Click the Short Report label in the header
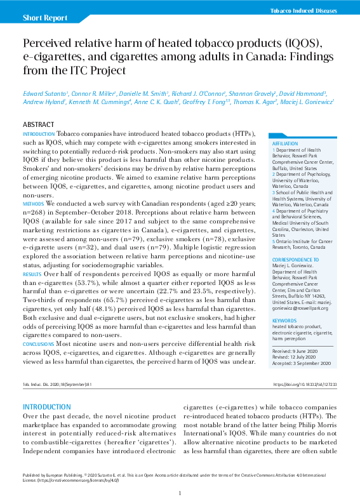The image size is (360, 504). point(44,18)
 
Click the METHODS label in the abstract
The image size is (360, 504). point(33,203)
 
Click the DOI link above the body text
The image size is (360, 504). point(305,384)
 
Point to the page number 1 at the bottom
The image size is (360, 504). point(180,493)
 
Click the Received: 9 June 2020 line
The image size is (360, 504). point(297,350)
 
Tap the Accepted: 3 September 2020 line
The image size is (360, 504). point(302,362)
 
